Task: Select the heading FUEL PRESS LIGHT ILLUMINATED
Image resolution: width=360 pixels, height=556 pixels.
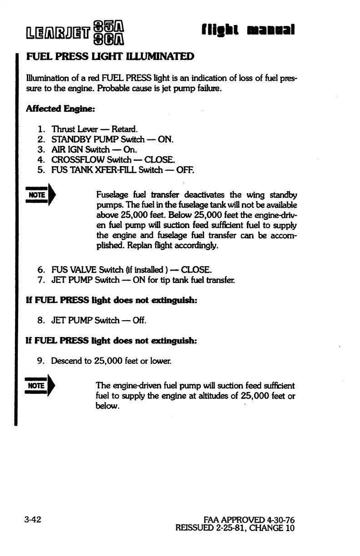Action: [111, 57]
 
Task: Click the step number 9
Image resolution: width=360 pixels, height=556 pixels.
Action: [40, 362]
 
